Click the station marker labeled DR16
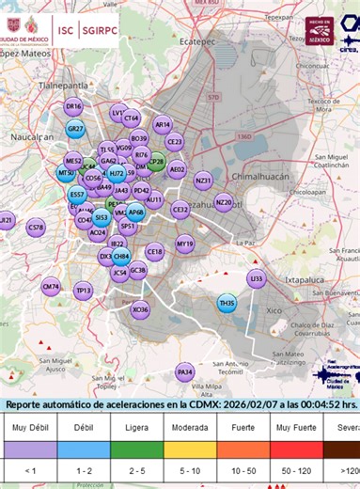tap(73, 107)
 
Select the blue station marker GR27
tap(76, 129)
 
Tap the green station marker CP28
tap(157, 162)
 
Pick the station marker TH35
tap(227, 303)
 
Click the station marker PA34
tap(185, 372)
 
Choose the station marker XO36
tap(140, 309)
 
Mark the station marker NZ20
tap(224, 202)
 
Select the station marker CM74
tap(52, 286)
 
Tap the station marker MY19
tap(184, 244)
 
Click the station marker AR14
tap(163, 123)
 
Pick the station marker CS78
tap(36, 228)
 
